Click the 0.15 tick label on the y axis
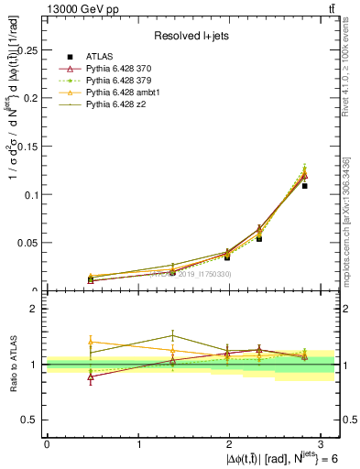pos(29,147)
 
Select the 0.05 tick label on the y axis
pos(29,243)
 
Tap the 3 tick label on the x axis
pos(323,443)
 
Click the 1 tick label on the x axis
pos(139,443)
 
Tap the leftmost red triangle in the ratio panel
pos(90,376)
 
